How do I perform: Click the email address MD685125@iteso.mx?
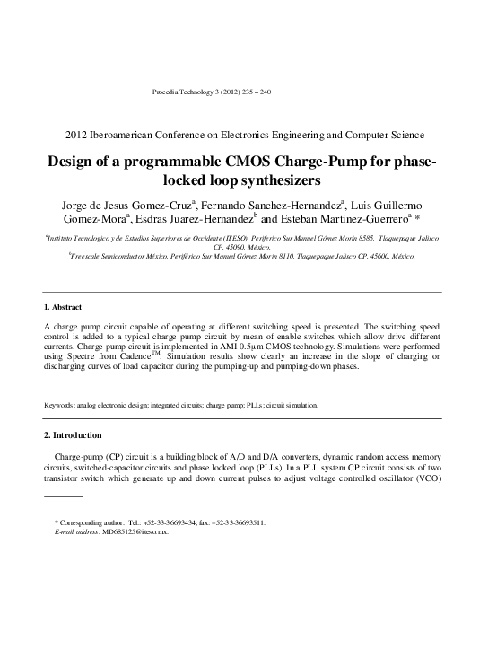(x=135, y=532)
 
